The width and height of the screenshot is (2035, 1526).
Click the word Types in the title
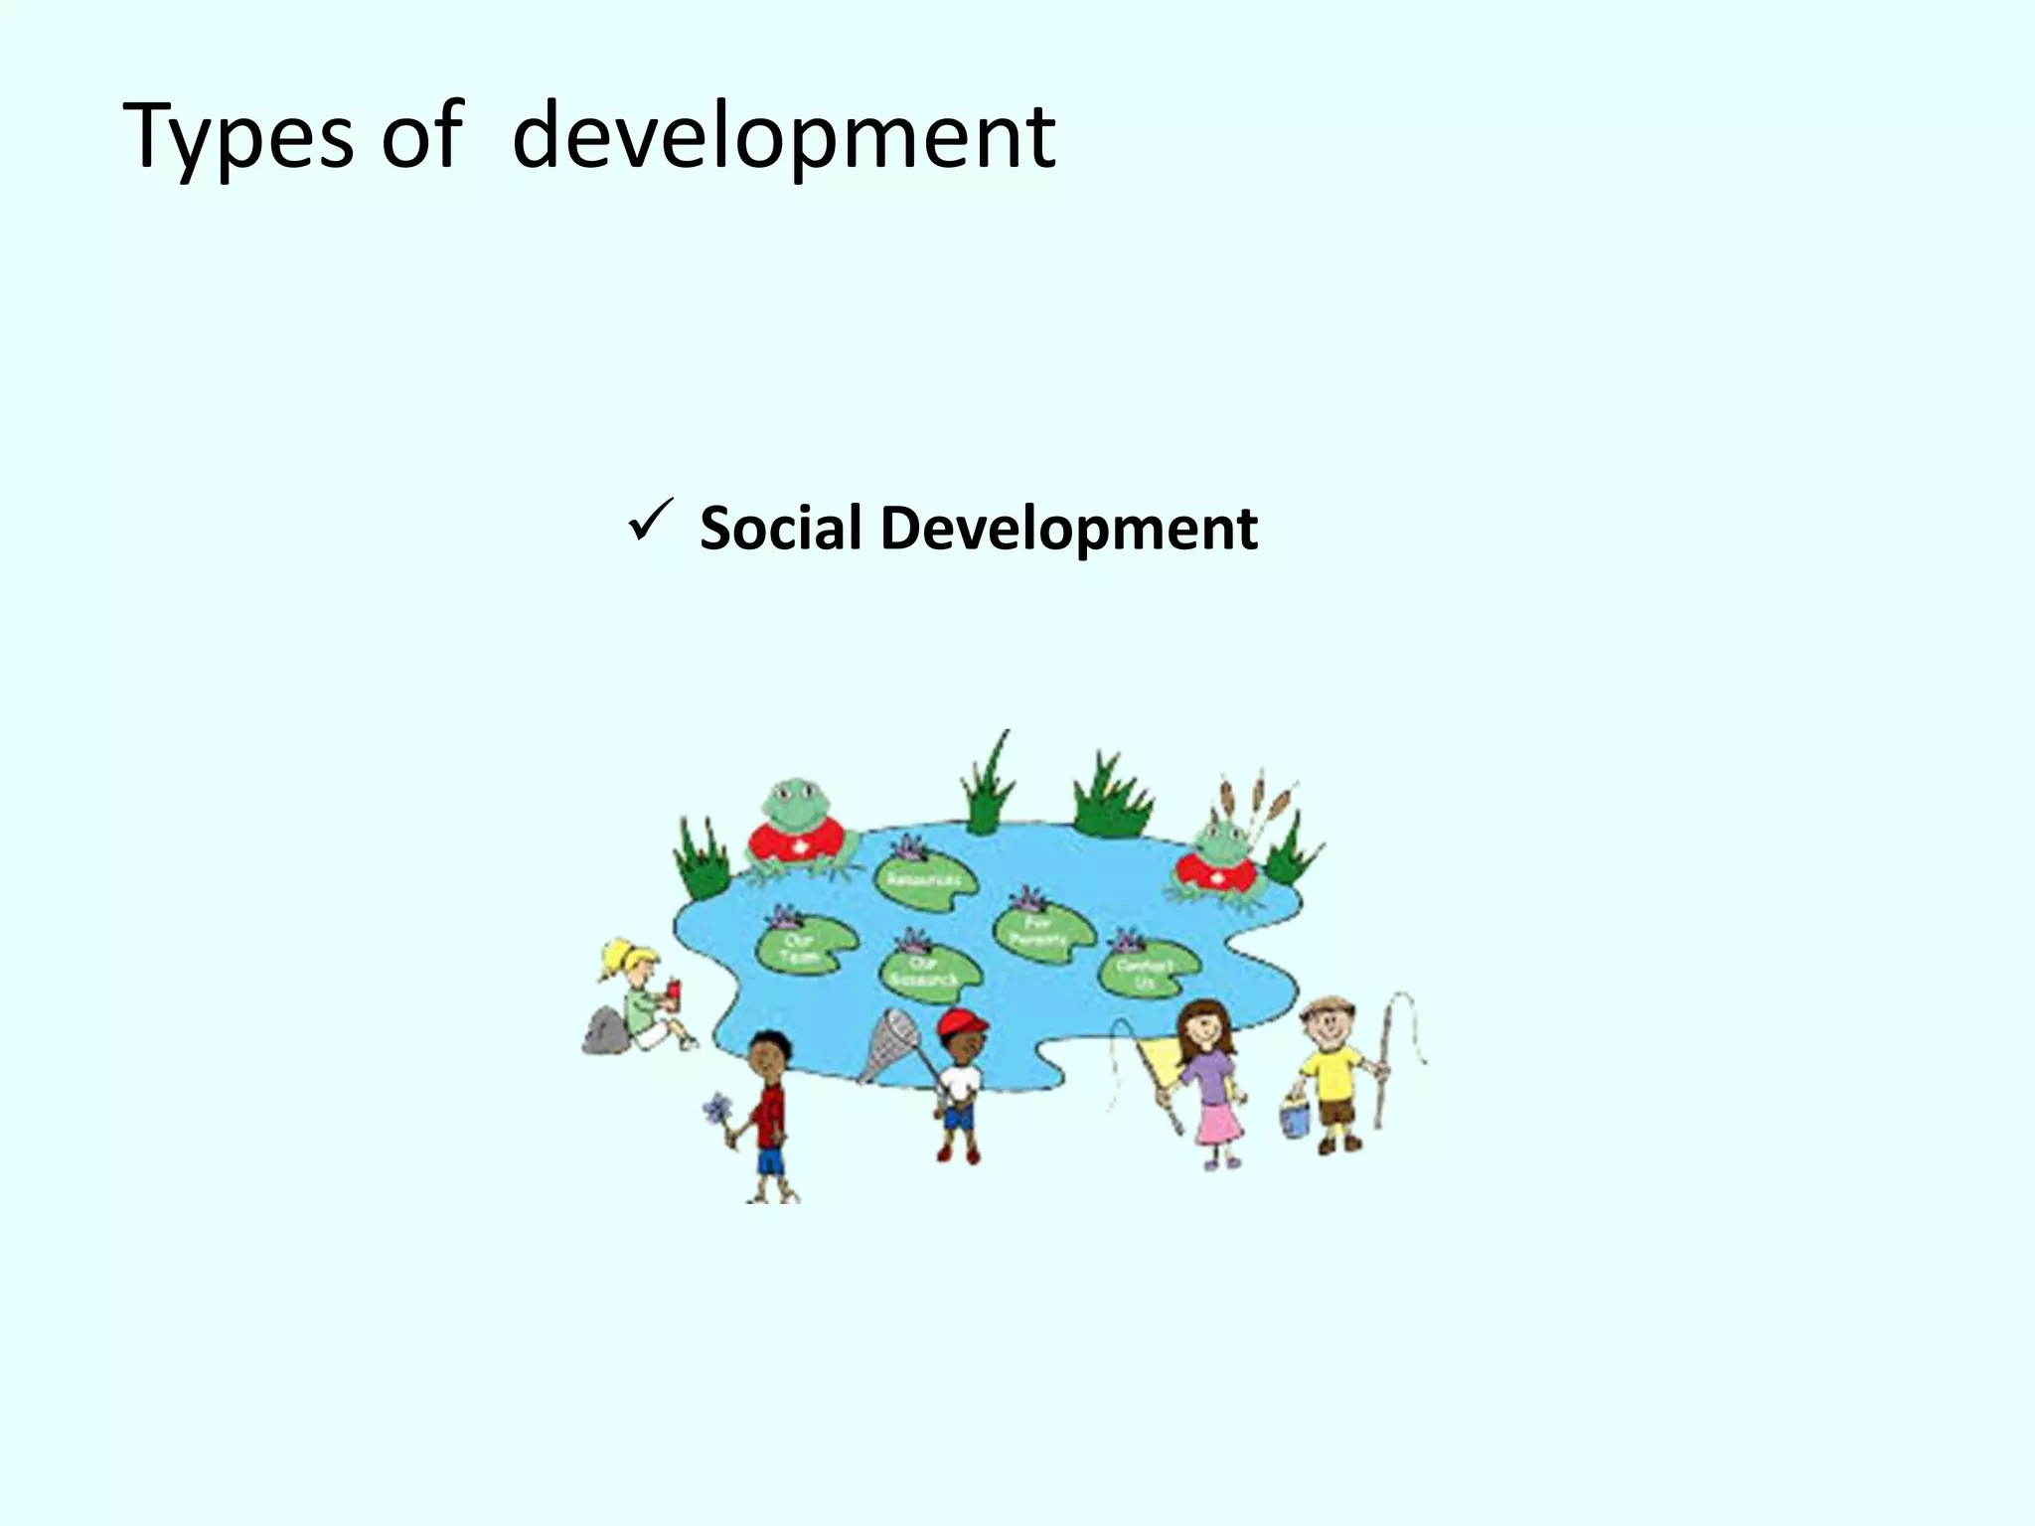[x=238, y=137]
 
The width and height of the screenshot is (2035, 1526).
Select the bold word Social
[x=780, y=528]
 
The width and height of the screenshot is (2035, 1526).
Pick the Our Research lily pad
[x=928, y=969]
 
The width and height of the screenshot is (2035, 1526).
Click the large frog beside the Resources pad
[x=799, y=827]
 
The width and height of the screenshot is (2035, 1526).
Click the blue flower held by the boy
[x=716, y=1109]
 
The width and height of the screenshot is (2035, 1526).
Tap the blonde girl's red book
[x=673, y=991]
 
